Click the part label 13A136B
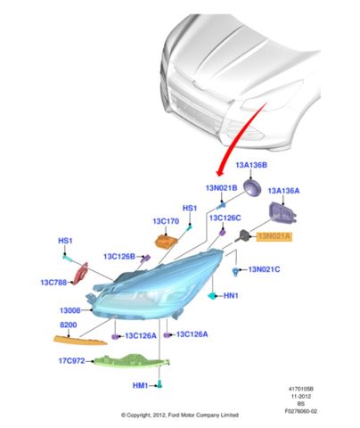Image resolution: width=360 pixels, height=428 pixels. point(251,165)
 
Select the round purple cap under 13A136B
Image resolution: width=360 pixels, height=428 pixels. point(252,188)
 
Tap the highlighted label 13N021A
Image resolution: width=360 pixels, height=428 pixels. point(274,236)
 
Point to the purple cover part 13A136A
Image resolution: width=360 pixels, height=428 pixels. point(282,212)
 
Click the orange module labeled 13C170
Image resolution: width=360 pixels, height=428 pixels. point(166,241)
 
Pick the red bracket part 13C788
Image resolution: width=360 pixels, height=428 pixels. point(81,274)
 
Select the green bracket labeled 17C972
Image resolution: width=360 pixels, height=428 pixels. point(131,360)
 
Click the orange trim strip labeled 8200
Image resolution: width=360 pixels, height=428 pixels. point(80,341)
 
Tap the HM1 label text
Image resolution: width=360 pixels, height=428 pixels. point(140,385)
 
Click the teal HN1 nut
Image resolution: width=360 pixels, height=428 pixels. point(212,296)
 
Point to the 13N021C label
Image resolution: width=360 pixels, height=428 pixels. point(264,269)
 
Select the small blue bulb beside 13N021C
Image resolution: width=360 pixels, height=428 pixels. point(236,271)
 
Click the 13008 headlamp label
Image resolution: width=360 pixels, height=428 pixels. point(70,310)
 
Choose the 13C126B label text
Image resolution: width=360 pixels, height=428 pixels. point(119,256)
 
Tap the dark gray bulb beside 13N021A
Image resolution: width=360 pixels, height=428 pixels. point(243,235)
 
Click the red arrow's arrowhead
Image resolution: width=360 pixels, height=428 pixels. point(220,171)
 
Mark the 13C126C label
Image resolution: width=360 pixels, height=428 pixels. point(225,218)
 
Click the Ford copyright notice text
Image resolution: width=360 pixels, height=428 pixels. point(180,415)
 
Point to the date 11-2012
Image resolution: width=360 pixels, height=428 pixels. point(301,396)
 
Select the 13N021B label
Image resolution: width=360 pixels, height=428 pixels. point(221,188)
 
